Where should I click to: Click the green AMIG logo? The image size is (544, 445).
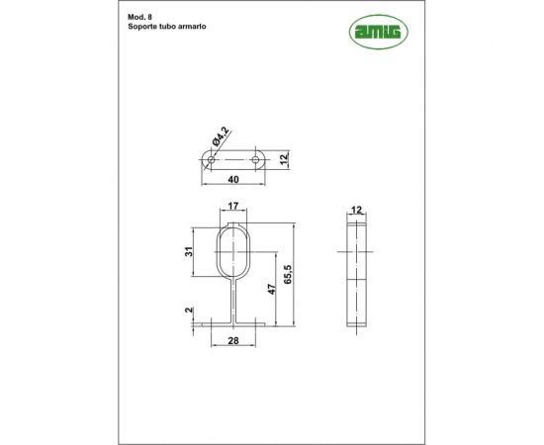379,32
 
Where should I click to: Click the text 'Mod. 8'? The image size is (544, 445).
139,17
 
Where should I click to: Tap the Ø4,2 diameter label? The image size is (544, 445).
221,136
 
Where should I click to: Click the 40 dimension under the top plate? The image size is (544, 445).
233,179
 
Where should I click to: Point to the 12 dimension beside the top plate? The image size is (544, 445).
284,159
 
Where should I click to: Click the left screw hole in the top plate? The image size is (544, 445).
211,159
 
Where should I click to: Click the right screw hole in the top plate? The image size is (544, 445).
256,159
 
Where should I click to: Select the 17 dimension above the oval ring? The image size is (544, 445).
233,206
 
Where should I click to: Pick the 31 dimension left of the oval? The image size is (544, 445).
188,251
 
